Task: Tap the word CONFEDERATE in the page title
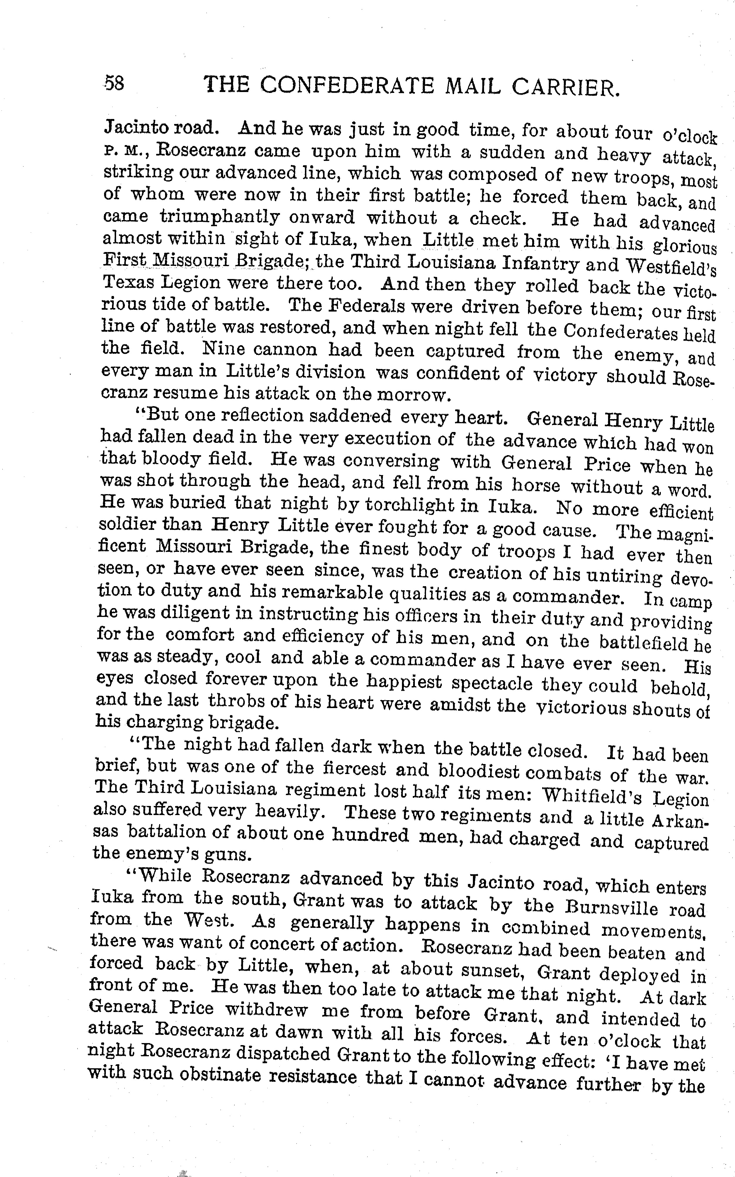[347, 86]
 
